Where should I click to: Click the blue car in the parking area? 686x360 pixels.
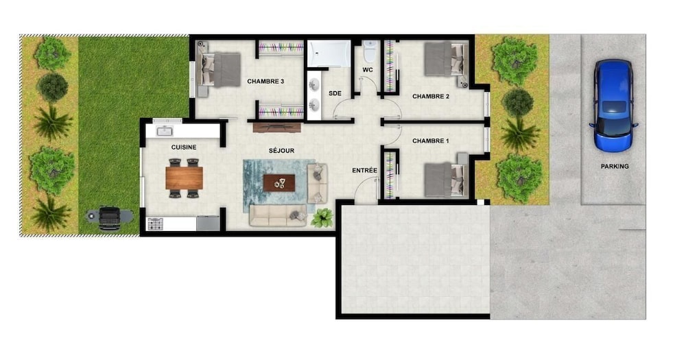(613, 106)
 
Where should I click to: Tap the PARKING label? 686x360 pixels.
(615, 166)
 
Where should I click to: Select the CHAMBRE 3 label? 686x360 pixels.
(265, 82)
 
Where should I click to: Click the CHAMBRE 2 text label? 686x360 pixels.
(431, 96)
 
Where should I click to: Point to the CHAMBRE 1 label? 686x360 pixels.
(431, 141)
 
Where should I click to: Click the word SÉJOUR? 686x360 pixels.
(281, 150)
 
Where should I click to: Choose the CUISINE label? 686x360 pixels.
(184, 147)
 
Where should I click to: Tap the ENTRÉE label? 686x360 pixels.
(364, 170)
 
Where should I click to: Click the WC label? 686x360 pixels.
(368, 70)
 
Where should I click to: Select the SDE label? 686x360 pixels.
(335, 93)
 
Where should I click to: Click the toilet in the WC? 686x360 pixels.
(370, 51)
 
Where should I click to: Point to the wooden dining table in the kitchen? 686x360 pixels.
(184, 178)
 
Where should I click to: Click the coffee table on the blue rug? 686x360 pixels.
(279, 183)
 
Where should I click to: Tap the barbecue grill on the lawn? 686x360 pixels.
(109, 217)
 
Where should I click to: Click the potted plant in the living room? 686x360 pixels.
(322, 217)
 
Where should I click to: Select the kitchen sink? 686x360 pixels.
(165, 131)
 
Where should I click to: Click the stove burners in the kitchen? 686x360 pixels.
(155, 224)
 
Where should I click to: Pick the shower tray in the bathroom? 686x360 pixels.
(329, 53)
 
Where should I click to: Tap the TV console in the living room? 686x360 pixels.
(277, 128)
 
